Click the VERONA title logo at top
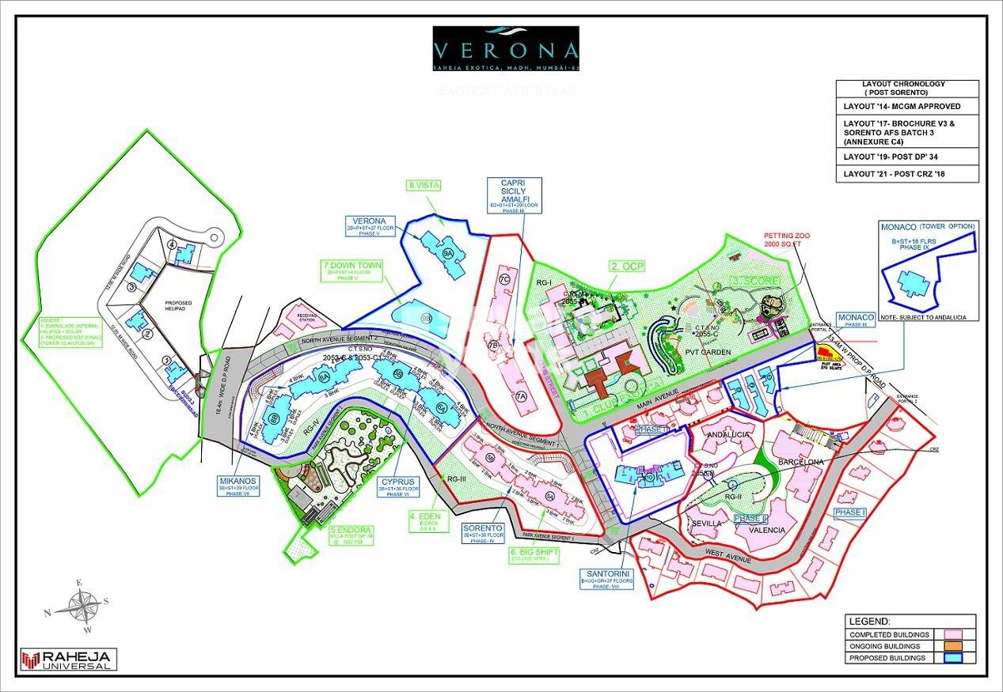(505, 50)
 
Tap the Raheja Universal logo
(69, 660)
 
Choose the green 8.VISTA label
(424, 185)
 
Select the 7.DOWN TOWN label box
(351, 270)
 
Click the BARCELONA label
(800, 462)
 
